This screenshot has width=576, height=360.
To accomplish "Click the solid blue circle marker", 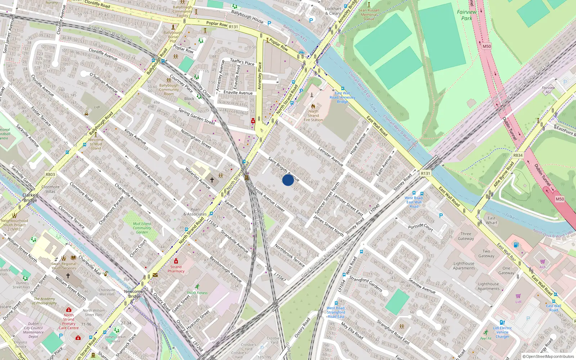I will (x=288, y=180).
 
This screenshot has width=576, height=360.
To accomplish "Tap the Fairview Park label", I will (x=467, y=15).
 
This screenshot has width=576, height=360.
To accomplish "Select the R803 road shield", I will (x=50, y=175).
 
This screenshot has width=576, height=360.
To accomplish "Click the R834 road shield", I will (x=518, y=155).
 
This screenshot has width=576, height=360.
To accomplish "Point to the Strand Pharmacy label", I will (x=176, y=269).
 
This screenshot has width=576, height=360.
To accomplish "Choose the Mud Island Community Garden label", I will (x=142, y=228).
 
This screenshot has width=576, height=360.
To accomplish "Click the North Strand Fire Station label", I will (x=313, y=116).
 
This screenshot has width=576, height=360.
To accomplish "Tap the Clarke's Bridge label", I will (x=30, y=198).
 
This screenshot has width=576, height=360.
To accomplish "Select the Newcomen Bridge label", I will (x=134, y=294).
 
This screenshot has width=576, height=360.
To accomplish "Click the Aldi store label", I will (x=543, y=267).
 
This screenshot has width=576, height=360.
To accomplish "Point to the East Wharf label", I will (x=491, y=220).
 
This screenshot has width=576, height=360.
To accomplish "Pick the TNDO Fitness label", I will (x=197, y=293).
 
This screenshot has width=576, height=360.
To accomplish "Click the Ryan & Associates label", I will (x=195, y=212).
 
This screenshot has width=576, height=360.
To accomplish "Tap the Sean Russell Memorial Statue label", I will (x=369, y=15).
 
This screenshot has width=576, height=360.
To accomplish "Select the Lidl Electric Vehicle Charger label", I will (x=502, y=332).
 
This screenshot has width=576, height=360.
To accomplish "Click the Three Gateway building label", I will (x=466, y=236).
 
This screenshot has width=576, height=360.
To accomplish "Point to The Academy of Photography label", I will (x=45, y=301).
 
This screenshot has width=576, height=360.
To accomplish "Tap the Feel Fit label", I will (x=486, y=338).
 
